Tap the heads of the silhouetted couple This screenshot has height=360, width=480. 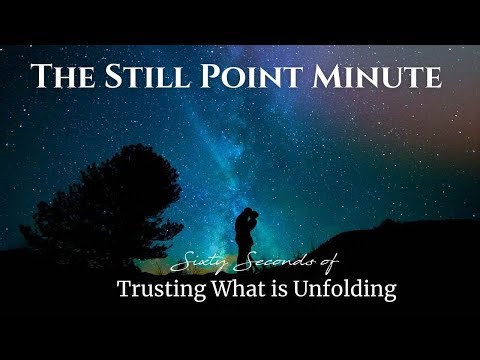245,211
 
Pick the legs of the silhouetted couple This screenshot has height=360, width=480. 244,245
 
